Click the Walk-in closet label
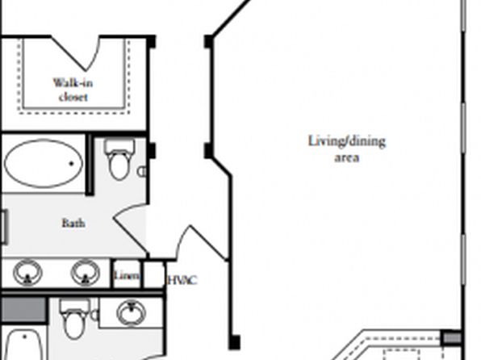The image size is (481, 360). click(x=73, y=90)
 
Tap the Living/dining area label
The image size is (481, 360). click(x=347, y=149)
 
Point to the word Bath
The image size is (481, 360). click(x=73, y=223)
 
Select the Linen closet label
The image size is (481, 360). click(x=127, y=275)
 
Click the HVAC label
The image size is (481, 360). click(x=182, y=280)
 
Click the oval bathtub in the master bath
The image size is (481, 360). click(x=44, y=163)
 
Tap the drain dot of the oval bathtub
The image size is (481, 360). click(x=72, y=164)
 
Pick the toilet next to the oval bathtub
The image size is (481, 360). click(x=119, y=159)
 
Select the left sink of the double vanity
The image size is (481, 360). click(x=27, y=273)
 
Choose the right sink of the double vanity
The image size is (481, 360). click(x=86, y=273)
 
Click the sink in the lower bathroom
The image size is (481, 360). click(x=132, y=312)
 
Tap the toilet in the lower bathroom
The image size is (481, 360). click(x=74, y=319)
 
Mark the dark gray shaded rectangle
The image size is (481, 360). click(x=23, y=309)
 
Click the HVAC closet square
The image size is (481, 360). click(x=154, y=274)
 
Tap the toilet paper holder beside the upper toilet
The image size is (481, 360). click(x=142, y=172)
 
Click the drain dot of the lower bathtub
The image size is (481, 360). click(x=24, y=337)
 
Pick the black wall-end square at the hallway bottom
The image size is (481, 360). click(x=234, y=342)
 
